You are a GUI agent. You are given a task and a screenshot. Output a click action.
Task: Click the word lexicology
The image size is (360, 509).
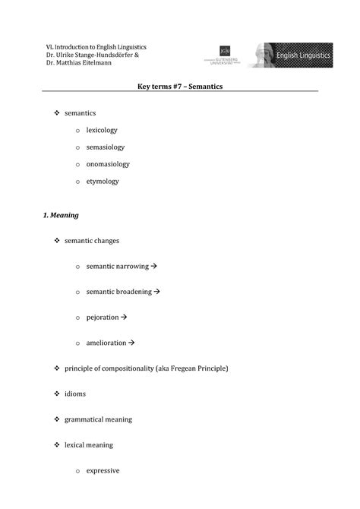pyautogui.click(x=102, y=130)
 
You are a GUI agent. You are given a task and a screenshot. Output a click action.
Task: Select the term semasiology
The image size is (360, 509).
pyautogui.click(x=106, y=147)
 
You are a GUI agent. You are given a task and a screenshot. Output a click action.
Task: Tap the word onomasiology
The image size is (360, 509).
pyautogui.click(x=108, y=164)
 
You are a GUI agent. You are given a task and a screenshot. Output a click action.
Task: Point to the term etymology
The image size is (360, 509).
pyautogui.click(x=103, y=182)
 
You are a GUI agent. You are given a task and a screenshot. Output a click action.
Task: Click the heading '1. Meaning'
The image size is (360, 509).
pyautogui.click(x=62, y=215)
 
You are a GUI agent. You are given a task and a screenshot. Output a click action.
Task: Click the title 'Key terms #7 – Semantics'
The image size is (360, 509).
pyautogui.click(x=180, y=87)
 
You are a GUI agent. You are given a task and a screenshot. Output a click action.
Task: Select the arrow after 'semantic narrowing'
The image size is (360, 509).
pyautogui.click(x=153, y=267)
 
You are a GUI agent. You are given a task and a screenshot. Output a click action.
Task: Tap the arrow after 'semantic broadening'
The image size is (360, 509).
pyautogui.click(x=157, y=291)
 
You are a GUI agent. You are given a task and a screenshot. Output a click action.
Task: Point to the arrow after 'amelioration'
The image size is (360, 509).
pyautogui.click(x=131, y=343)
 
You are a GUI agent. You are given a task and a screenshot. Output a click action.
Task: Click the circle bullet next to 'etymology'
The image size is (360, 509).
pyautogui.click(x=77, y=182)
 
